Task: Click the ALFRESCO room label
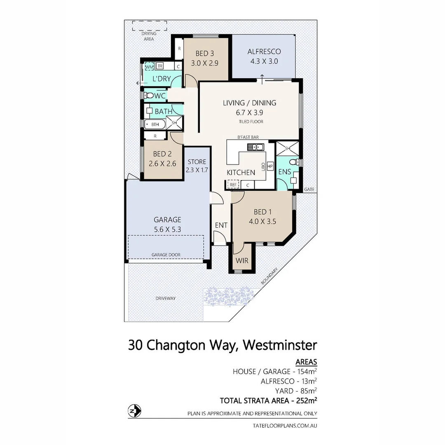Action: pyautogui.click(x=264, y=52)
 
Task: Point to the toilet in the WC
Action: pyautogui.click(x=149, y=96)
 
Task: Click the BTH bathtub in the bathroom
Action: pyautogui.click(x=155, y=124)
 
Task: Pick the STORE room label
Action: pyautogui.click(x=197, y=162)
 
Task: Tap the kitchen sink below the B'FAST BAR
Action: pyautogui.click(x=255, y=147)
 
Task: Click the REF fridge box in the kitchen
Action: pyautogui.click(x=233, y=185)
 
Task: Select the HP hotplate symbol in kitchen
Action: pyautogui.click(x=270, y=166)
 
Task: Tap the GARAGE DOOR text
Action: pyautogui.click(x=165, y=255)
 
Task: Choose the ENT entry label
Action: pyautogui.click(x=221, y=225)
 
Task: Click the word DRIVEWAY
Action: pyautogui.click(x=165, y=298)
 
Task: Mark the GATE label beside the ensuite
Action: pyautogui.click(x=309, y=190)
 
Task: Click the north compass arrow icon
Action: pyautogui.click(x=134, y=411)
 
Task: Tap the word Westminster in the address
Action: pyautogui.click(x=280, y=345)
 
